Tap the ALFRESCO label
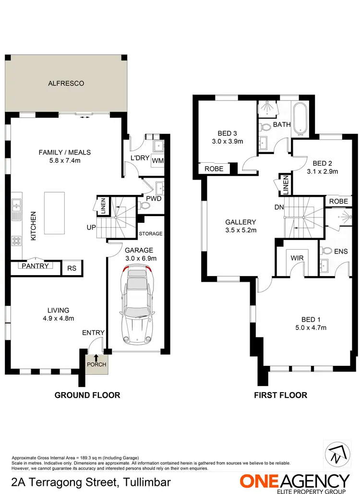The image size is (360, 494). pyautogui.click(x=66, y=84)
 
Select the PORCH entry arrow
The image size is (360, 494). pyautogui.click(x=96, y=357)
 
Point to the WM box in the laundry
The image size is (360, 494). pyautogui.click(x=157, y=161)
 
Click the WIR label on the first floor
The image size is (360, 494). pyautogui.click(x=296, y=258)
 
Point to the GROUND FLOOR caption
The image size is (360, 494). pyautogui.click(x=87, y=395)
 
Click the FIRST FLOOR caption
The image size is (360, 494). pyautogui.click(x=281, y=395)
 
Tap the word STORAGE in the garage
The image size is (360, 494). pyautogui.click(x=151, y=234)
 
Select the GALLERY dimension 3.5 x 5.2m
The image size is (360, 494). pyautogui.click(x=241, y=230)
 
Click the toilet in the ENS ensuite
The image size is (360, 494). pyautogui.click(x=328, y=250)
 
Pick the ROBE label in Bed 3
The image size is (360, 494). pyautogui.click(x=214, y=169)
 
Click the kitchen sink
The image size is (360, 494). pyautogui.click(x=17, y=206)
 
